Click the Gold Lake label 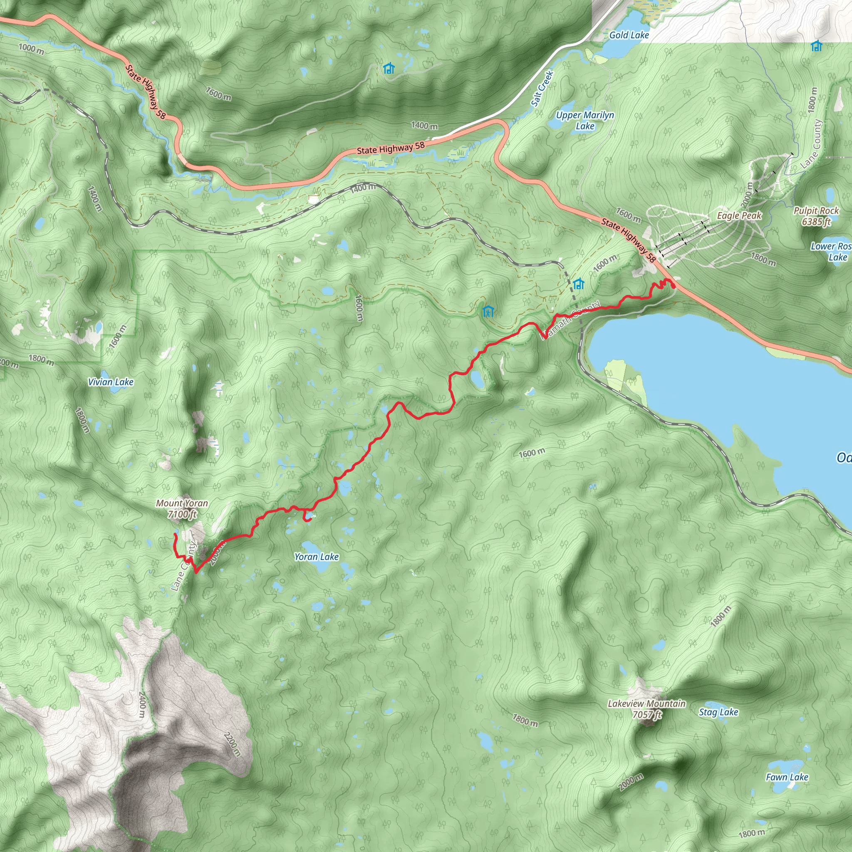[629, 35]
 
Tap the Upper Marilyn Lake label [585, 120]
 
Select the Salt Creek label [542, 89]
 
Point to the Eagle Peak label [739, 215]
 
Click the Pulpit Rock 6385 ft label [816, 216]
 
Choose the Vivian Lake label [111, 382]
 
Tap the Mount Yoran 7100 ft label [182, 508]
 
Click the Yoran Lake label [316, 557]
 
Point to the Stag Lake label [718, 712]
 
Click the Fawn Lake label [787, 778]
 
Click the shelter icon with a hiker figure [488, 311]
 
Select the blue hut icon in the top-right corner [816, 45]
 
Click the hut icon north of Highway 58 [389, 68]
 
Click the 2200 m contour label [232, 744]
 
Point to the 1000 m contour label [31, 49]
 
